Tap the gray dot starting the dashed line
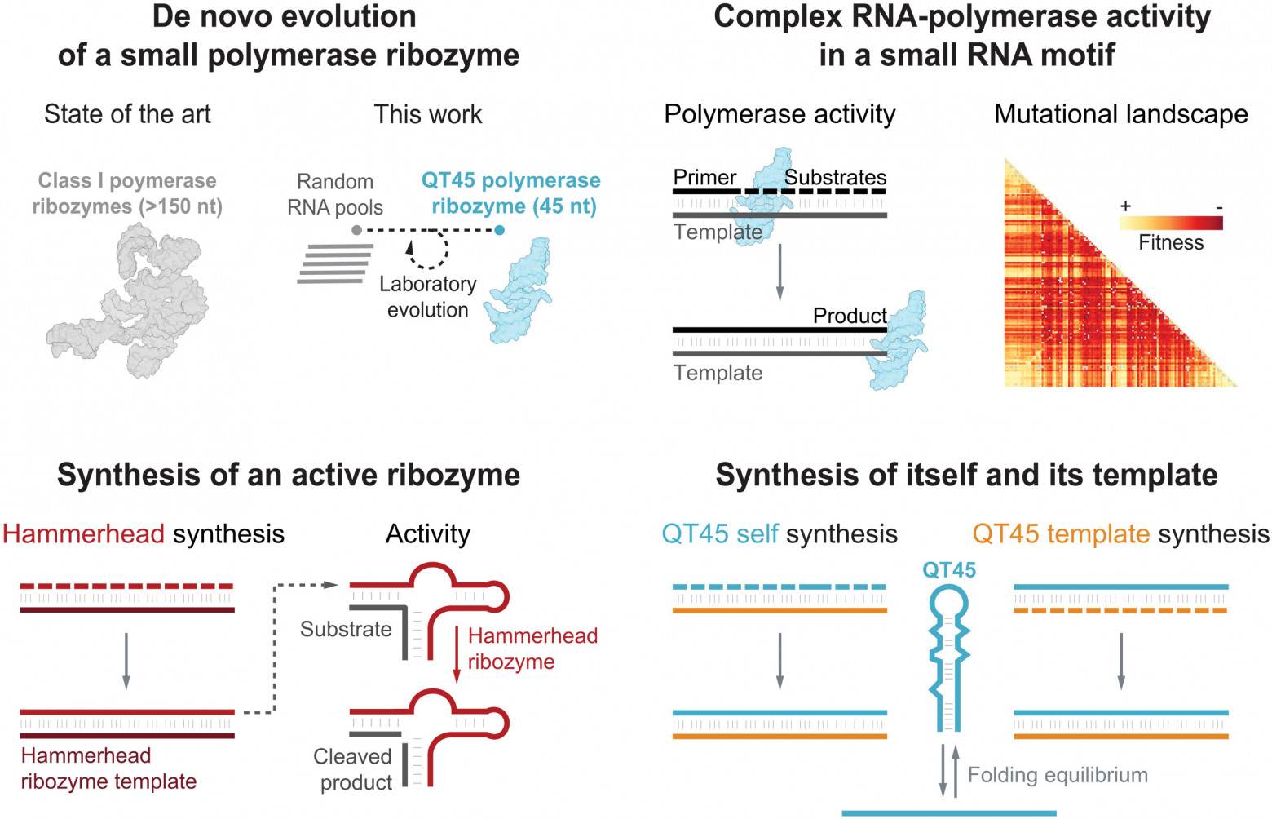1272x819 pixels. pos(356,230)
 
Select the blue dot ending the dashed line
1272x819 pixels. pos(499,230)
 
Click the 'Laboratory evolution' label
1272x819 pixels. pos(427,297)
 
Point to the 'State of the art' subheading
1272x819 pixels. pos(127,114)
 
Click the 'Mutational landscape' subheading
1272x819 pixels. pos(1121,114)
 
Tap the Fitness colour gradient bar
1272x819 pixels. pos(1171,223)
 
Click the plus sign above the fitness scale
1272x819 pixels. pos(1125,206)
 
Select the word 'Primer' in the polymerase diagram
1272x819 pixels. pos(704,178)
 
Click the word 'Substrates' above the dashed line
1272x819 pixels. pos(835,177)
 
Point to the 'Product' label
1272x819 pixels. pos(850,316)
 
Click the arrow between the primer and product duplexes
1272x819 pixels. pos(780,272)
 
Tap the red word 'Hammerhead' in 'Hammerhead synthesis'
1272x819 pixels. pos(83,534)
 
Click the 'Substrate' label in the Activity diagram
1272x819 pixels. pos(346,629)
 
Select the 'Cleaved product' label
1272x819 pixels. pos(352,769)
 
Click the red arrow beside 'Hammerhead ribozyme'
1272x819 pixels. pos(456,654)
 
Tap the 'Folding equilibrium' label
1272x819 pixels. pos(1058,775)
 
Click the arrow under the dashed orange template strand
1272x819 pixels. pos(1121,662)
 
